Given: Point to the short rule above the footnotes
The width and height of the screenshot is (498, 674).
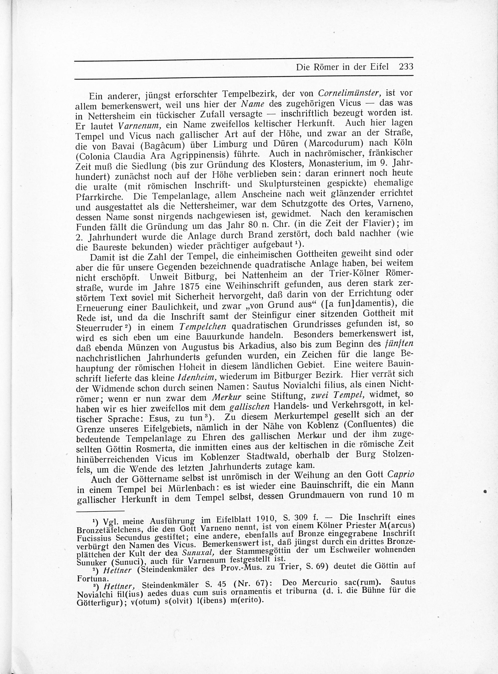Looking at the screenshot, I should click(100, 511).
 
